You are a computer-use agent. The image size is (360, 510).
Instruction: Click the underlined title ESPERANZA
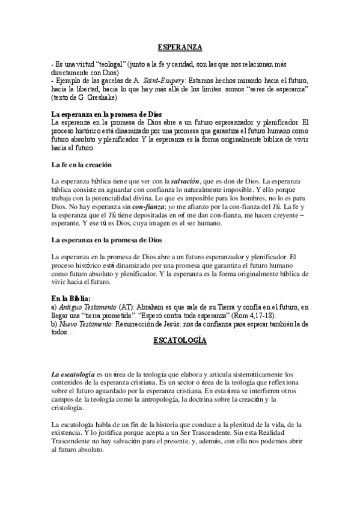point(179,46)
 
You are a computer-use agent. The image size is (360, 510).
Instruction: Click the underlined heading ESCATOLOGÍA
point(179,340)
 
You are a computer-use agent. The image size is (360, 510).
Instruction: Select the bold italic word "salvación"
point(188,182)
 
